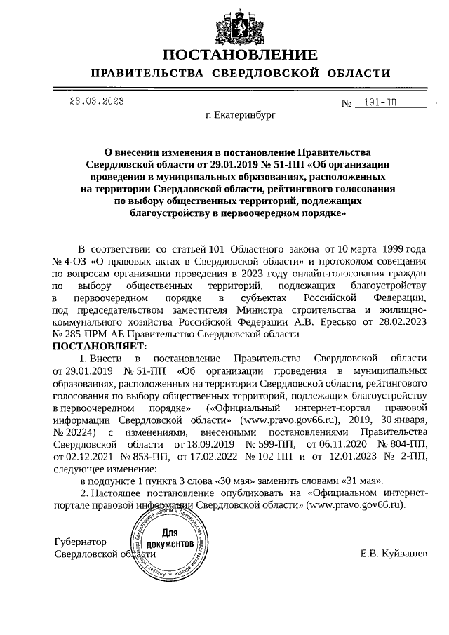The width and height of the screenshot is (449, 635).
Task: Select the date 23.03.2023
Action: [x=97, y=101]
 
